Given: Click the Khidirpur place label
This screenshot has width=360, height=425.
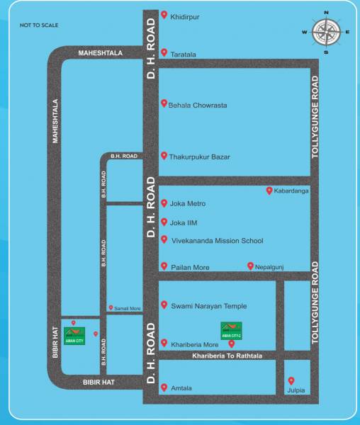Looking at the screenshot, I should click(185, 13).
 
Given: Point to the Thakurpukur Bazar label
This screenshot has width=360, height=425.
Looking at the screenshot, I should click(201, 157).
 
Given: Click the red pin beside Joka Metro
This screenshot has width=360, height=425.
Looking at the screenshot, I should click(164, 203).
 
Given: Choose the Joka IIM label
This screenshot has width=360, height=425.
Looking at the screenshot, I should click(184, 222).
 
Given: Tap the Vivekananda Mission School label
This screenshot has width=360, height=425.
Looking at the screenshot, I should click(217, 241).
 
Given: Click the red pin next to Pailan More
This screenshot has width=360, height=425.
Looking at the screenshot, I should click(164, 266).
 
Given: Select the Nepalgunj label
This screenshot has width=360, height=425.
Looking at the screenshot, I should click(268, 266).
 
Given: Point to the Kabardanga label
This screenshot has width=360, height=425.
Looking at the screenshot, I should click(291, 191).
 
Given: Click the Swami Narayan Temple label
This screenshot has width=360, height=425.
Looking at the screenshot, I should click(208, 306).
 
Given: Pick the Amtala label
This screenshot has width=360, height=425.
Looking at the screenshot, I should click(181, 388).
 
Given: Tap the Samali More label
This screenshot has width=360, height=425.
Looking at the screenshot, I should click(127, 309).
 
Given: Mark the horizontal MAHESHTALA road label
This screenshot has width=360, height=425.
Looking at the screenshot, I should click(101, 52).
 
